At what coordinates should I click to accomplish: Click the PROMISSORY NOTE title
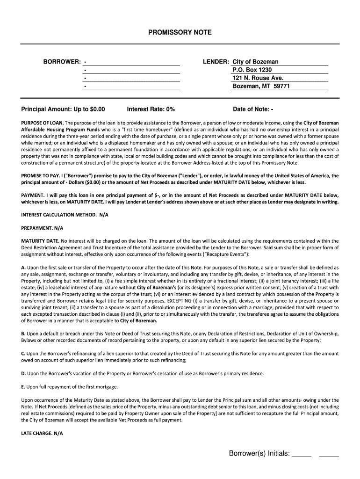coord(180,32)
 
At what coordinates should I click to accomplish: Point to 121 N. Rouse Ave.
coord(258,78)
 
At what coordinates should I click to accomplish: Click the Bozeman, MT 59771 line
coord(261,86)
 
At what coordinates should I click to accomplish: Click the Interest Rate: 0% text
coord(151,109)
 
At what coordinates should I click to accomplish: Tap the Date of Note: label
coord(251,109)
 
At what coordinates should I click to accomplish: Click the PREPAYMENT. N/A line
coord(42,228)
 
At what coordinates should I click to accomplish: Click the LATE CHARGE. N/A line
coord(42,433)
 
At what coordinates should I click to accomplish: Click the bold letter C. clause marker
coord(23,354)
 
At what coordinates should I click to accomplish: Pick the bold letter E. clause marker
coord(23,386)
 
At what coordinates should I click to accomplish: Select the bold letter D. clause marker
coord(23,373)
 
